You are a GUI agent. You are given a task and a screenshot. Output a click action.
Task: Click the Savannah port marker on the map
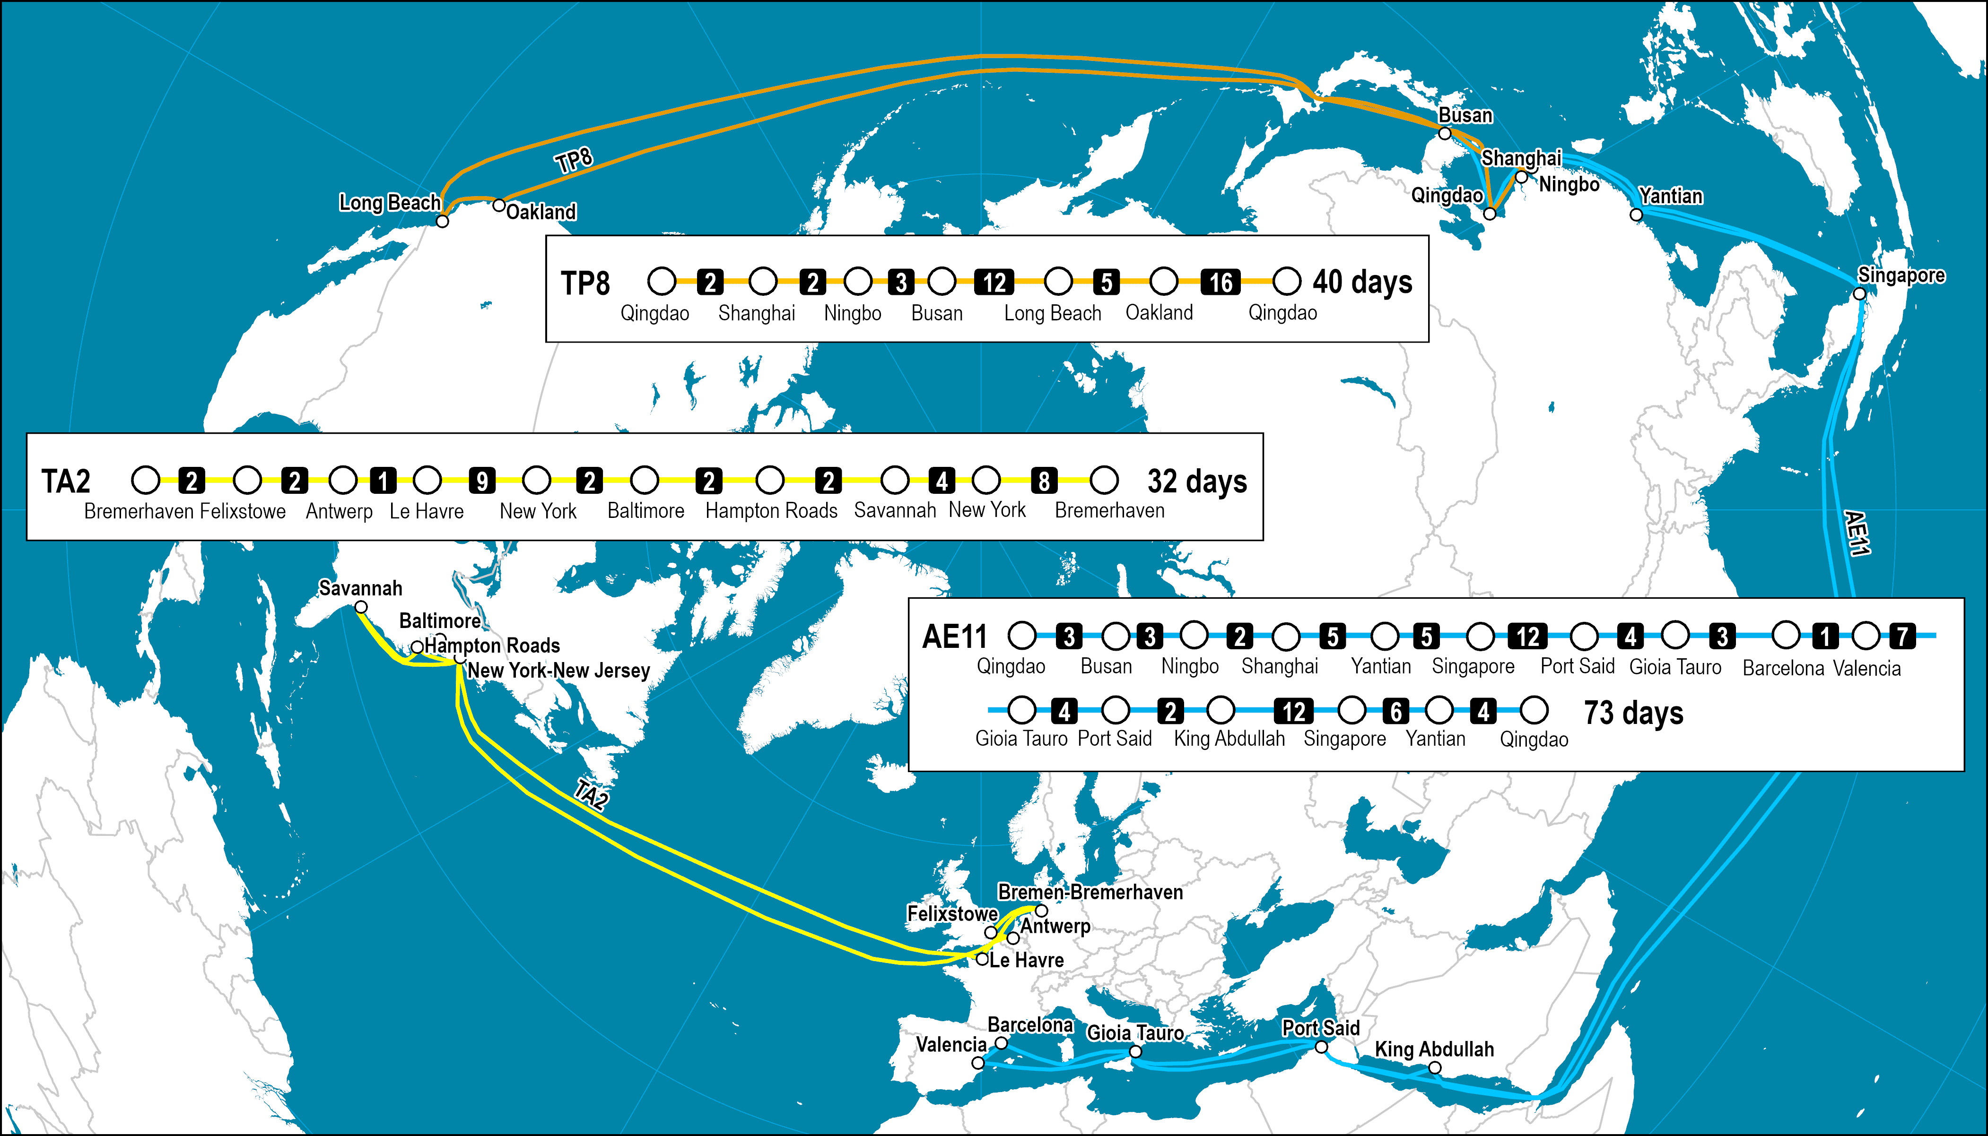pyautogui.click(x=361, y=607)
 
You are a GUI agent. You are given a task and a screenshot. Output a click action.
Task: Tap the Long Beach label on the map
pyautogui.click(x=390, y=203)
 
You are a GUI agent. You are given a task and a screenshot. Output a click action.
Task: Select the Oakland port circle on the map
pyautogui.click(x=499, y=205)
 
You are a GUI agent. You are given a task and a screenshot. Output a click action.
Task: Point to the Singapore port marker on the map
pyautogui.click(x=1859, y=293)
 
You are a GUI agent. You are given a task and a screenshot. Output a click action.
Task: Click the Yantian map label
pyautogui.click(x=1670, y=196)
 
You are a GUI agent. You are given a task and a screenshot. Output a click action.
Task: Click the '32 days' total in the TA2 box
pyautogui.click(x=1196, y=482)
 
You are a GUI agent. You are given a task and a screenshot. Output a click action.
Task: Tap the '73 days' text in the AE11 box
pyautogui.click(x=1633, y=712)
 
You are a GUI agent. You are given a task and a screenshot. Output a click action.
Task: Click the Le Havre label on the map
pyautogui.click(x=1026, y=960)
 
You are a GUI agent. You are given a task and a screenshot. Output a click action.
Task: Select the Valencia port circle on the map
pyautogui.click(x=978, y=1063)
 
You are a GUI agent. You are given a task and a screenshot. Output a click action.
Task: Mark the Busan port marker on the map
pyautogui.click(x=1445, y=133)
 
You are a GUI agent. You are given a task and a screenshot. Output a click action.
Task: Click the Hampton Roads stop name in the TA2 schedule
pyautogui.click(x=771, y=511)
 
